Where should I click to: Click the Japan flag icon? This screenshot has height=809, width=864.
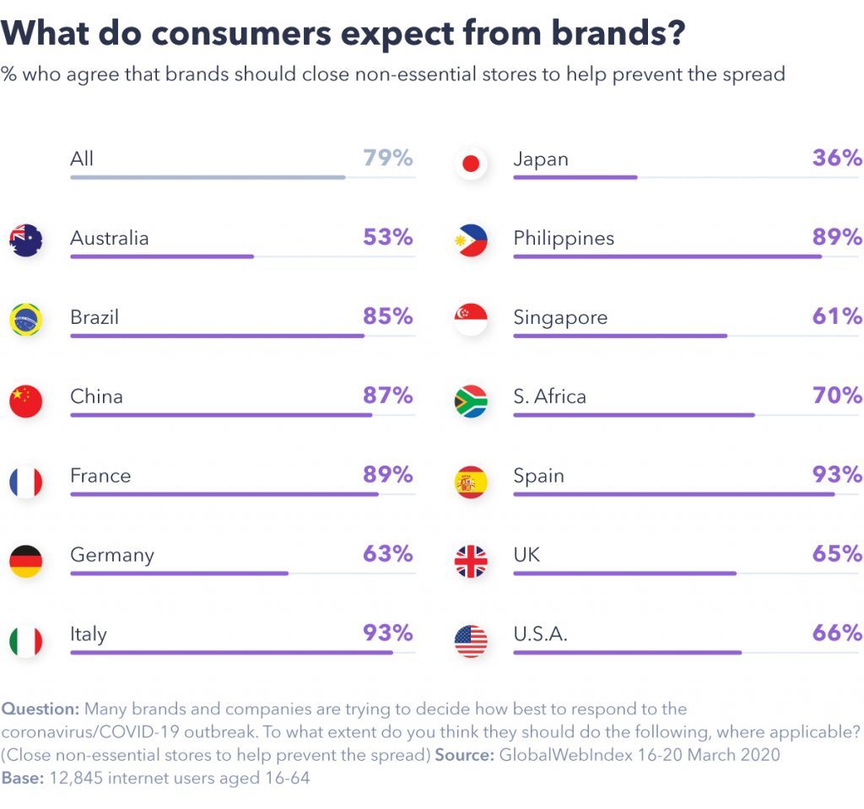pos(471,163)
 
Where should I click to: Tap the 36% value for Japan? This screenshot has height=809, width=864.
pos(837,158)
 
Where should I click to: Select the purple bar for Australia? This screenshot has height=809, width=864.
pos(162,256)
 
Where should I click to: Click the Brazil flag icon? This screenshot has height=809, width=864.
pos(26,321)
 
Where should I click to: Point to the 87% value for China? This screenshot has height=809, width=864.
pos(388,396)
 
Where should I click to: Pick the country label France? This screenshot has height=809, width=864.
pos(100,476)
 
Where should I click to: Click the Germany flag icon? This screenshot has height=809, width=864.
pos(26,561)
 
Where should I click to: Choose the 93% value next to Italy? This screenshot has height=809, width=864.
pos(388,633)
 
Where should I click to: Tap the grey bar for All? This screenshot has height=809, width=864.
pos(208,177)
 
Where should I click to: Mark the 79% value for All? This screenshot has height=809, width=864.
pos(388,158)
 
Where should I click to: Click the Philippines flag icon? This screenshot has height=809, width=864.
pos(471,241)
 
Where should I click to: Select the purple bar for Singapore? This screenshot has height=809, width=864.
pos(620,336)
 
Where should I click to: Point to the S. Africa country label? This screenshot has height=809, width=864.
pos(549,396)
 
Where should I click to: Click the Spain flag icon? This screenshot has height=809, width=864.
pos(471,482)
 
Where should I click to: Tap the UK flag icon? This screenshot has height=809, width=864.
pos(471,561)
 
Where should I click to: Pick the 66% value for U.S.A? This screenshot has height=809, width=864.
pos(837,633)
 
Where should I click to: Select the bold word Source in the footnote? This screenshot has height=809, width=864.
pos(464,755)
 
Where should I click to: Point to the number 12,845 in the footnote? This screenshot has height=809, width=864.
pos(78,778)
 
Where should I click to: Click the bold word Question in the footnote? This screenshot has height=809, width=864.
pos(40,709)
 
